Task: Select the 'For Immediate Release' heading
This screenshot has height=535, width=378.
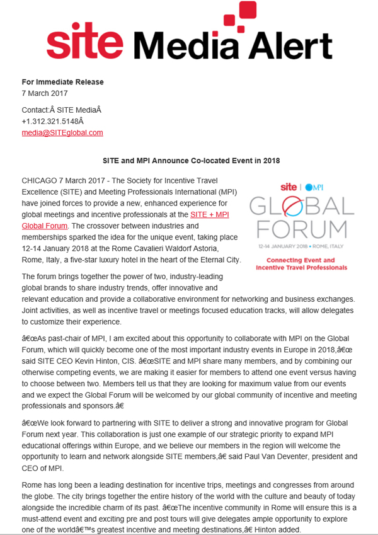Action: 62,82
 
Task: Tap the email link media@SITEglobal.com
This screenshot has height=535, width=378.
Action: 62,132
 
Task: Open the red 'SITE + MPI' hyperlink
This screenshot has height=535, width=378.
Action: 210,215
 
